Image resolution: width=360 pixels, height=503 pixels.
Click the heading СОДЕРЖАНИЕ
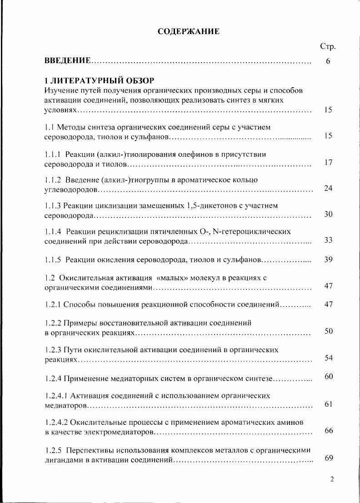coord(188,31)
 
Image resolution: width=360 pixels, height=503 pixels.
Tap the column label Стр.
coord(328,46)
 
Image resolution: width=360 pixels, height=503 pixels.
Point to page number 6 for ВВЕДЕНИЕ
coord(328,61)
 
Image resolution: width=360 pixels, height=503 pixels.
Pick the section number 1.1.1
coord(53,154)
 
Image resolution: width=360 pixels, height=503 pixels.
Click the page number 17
coord(329,162)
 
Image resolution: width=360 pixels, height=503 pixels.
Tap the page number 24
coord(329,188)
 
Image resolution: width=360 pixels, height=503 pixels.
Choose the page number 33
coord(329,240)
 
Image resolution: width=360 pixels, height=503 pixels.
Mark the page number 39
coord(329,259)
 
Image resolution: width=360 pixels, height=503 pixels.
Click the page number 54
coord(329,358)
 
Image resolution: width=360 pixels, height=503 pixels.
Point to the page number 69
coord(329,458)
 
